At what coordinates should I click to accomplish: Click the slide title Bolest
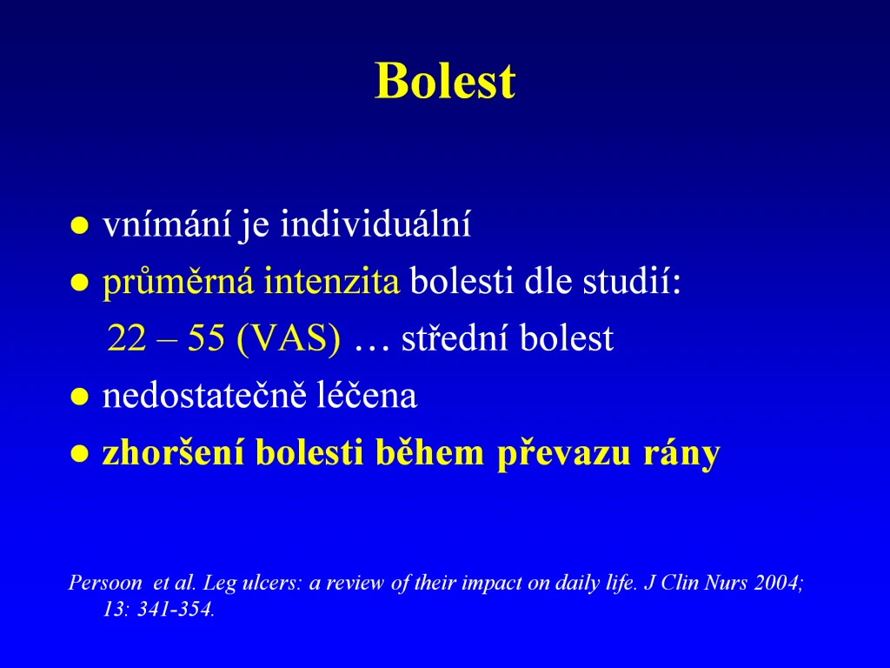445,81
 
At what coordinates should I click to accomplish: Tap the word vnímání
167,224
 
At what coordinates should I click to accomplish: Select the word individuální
375,224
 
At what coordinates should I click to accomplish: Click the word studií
632,281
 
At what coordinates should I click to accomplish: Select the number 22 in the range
127,338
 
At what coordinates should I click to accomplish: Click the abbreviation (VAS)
289,339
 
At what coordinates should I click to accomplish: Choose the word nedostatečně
204,396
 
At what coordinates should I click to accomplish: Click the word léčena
367,396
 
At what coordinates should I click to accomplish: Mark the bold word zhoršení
173,452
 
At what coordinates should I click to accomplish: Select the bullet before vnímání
79,225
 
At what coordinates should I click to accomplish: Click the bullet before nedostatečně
79,397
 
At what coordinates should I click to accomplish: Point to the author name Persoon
105,583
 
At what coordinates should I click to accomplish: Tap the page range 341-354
176,610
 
